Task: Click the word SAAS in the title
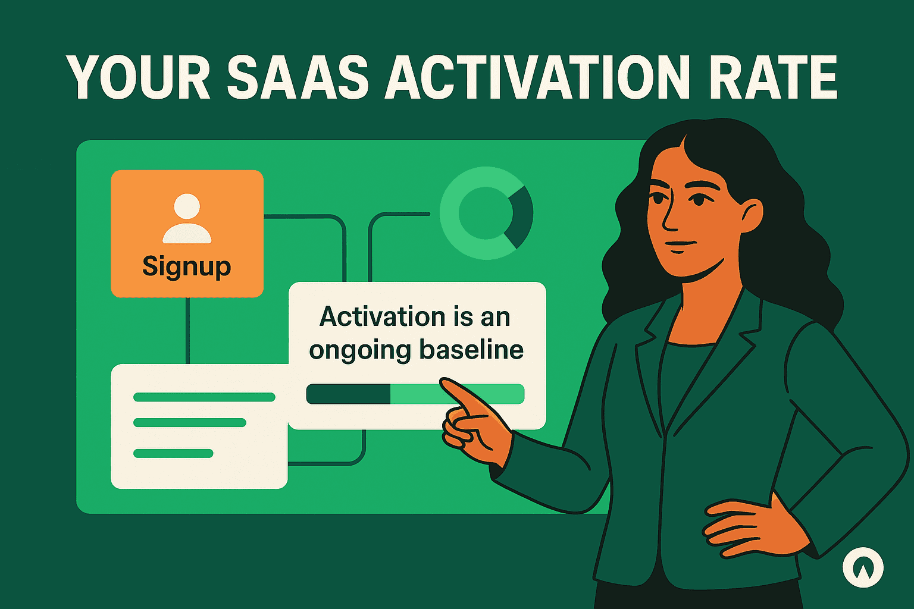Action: tap(298, 78)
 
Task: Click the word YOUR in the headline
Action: tap(138, 78)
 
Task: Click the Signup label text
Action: tap(186, 266)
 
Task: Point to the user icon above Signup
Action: tap(187, 218)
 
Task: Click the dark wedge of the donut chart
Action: tap(521, 215)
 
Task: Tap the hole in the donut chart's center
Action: tap(486, 214)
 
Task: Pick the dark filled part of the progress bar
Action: tap(348, 394)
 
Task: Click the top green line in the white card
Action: tap(204, 397)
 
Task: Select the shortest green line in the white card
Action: tap(173, 453)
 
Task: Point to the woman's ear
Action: tap(751, 214)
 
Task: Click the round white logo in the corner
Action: tap(863, 567)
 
